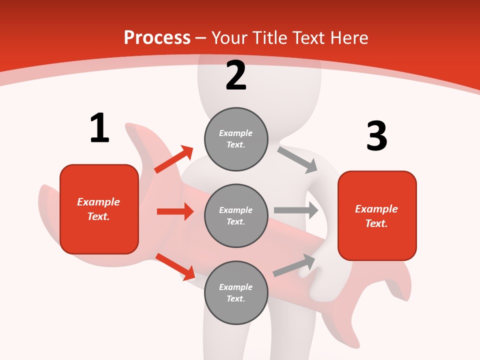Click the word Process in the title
click(x=157, y=37)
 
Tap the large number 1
click(x=99, y=128)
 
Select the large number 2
click(x=236, y=75)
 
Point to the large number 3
click(x=376, y=136)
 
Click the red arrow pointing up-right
click(x=173, y=159)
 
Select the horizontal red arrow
click(x=175, y=211)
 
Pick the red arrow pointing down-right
click(x=175, y=266)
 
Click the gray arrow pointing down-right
click(x=297, y=159)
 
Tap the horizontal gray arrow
click(x=296, y=210)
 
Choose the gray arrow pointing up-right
click(x=294, y=265)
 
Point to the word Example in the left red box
click(x=98, y=202)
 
